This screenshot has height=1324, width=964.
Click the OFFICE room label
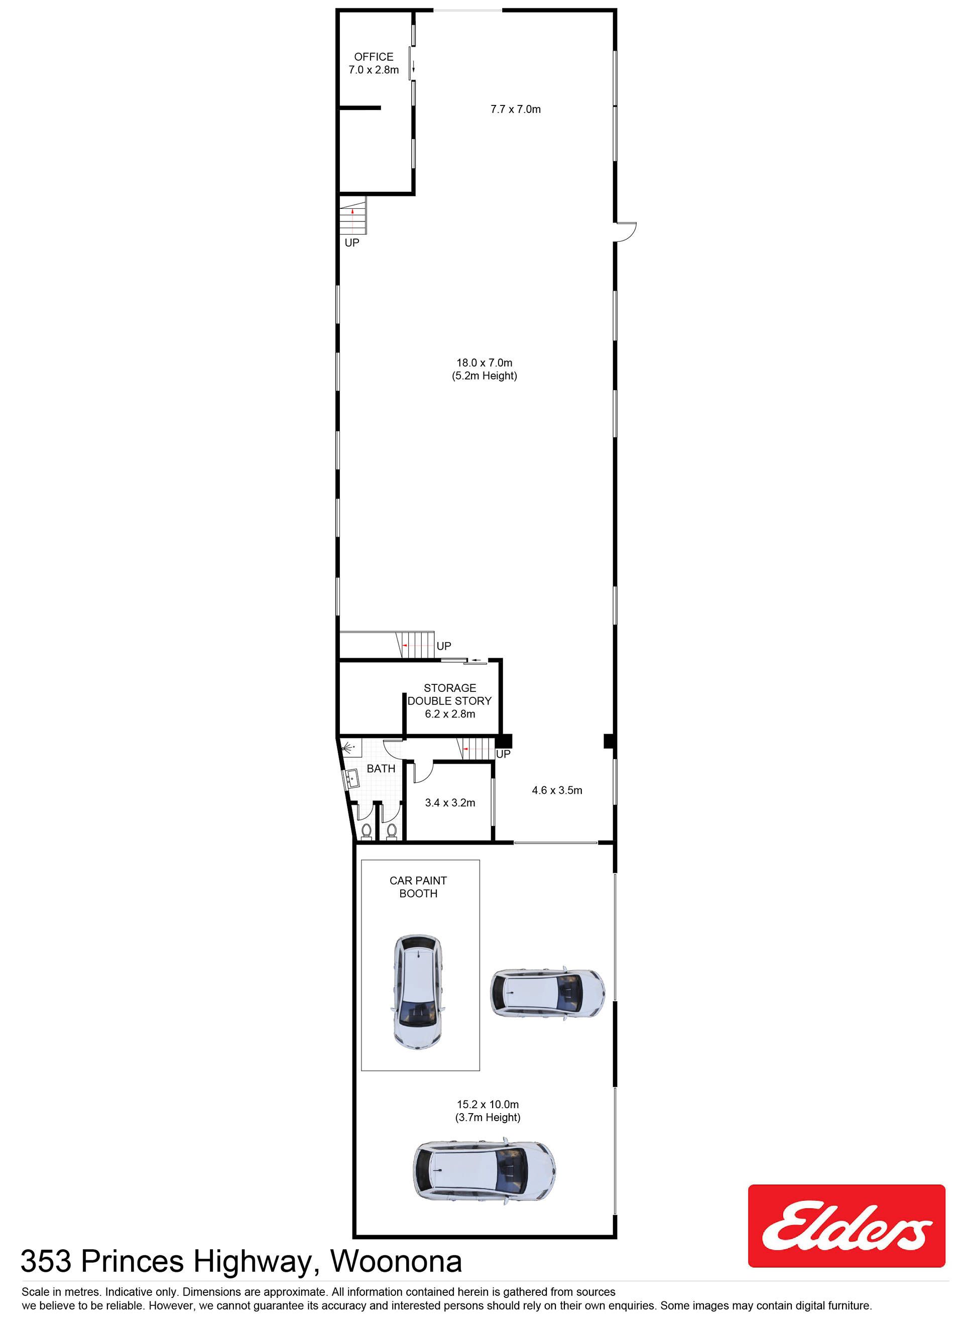coord(374,57)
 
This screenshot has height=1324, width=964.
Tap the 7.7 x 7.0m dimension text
coord(516,109)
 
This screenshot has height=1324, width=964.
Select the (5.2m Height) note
coord(485,376)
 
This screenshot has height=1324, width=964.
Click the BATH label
coord(381,769)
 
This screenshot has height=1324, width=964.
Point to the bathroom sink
coord(351,778)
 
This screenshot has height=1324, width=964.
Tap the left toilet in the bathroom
coord(367,831)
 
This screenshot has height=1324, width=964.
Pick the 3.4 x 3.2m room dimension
coord(450,803)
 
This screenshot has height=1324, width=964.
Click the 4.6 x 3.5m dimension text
coord(557,790)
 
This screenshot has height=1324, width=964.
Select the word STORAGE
coord(450,688)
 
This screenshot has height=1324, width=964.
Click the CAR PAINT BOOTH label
coord(418,887)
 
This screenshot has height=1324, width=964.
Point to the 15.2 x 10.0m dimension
coord(488,1105)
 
